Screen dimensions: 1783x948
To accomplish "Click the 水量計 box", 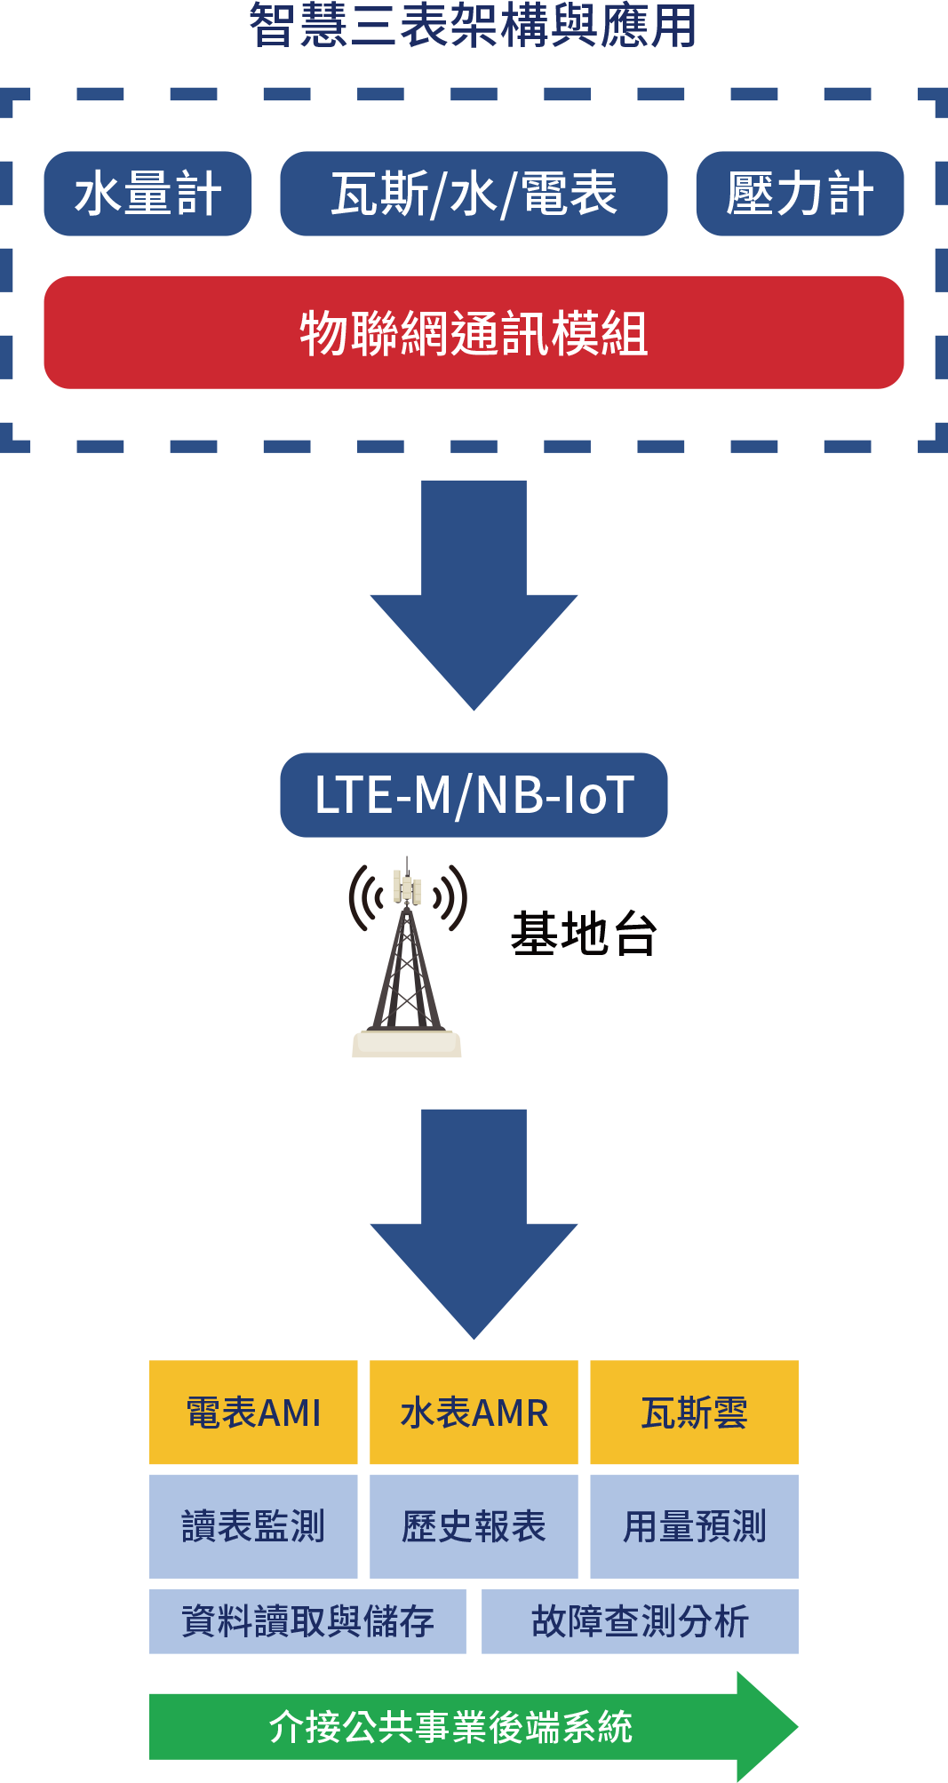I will point(147,194).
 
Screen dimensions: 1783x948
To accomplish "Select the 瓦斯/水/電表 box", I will point(474,194).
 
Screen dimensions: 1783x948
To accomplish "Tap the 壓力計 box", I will point(800,194).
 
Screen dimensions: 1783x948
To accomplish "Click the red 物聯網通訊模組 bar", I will point(474,332).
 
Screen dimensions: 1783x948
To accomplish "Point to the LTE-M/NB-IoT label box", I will point(474,795).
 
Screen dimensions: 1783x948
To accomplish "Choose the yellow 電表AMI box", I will point(253,1413).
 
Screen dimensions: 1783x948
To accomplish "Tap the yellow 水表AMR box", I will point(474,1413).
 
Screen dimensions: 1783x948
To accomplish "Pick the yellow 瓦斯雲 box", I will point(694,1413).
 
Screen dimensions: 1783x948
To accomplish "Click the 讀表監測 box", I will point(253,1526).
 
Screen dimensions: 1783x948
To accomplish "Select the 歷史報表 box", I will point(474,1526).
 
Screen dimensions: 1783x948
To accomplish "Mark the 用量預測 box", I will point(694,1526).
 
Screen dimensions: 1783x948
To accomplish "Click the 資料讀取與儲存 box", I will point(307,1621).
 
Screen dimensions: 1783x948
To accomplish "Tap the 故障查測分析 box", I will point(640,1621).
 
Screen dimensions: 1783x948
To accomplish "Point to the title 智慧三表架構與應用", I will point(473,25).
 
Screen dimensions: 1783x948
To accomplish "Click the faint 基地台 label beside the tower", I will point(584,934).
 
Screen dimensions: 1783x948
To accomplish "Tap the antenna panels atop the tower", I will point(408,887).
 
